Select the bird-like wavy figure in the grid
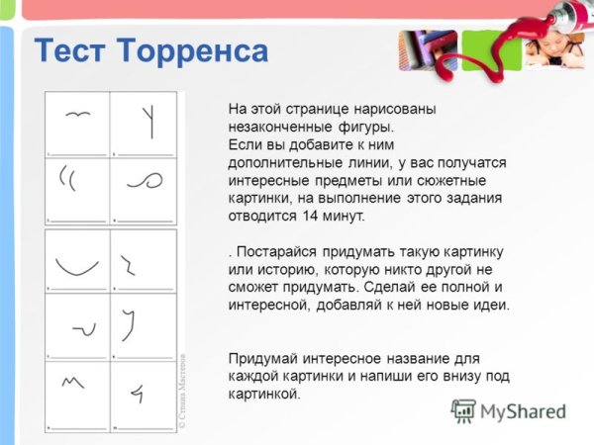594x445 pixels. click(x=77, y=116)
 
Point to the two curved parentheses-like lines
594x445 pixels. click(x=68, y=178)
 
